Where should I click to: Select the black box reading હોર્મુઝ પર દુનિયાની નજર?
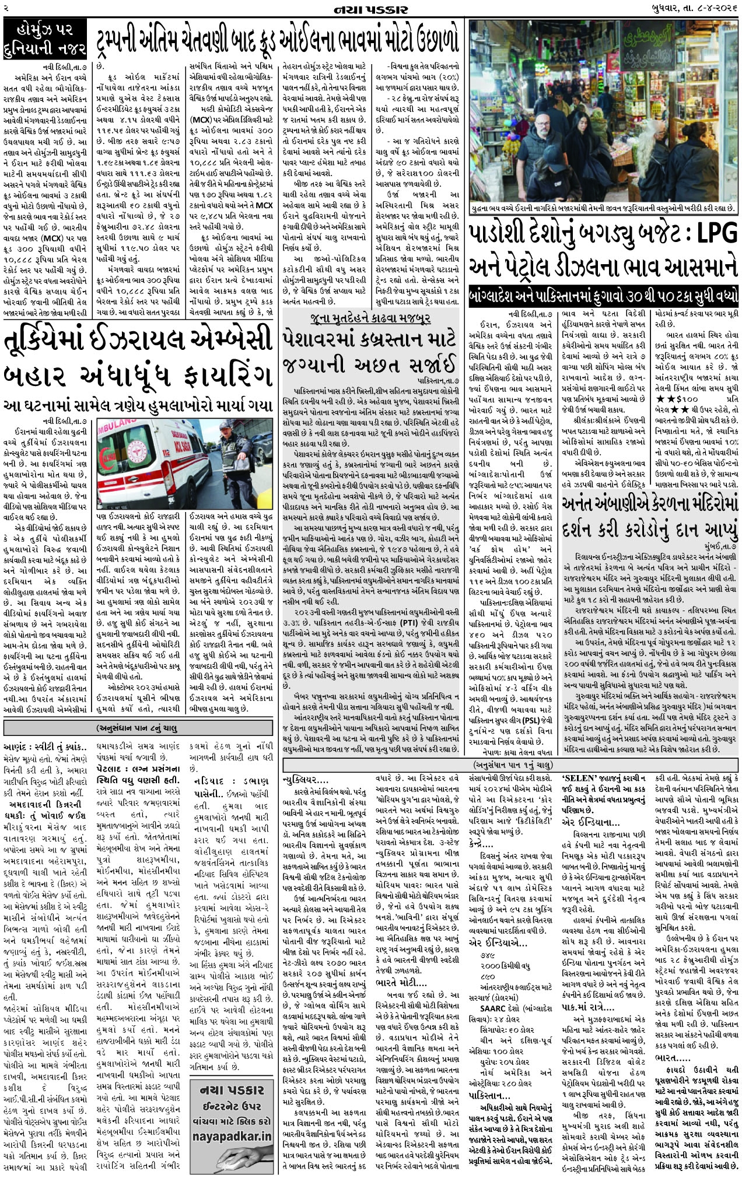coord(45,38)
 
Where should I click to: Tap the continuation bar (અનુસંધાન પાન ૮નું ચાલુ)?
coord(138,728)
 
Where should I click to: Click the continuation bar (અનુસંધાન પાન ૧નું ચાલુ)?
coord(511,764)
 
